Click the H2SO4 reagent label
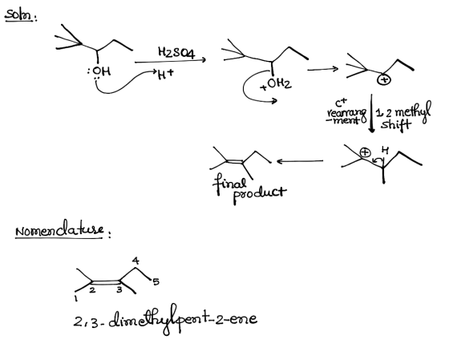(176, 53)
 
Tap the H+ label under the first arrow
(165, 75)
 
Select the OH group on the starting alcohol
(101, 71)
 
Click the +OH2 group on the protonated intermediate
(276, 84)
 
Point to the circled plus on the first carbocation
(383, 80)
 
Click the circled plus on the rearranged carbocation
(365, 152)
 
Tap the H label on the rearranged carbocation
(385, 150)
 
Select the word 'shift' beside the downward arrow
(396, 124)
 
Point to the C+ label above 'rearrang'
(341, 103)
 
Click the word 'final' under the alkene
(229, 184)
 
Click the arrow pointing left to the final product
(300, 161)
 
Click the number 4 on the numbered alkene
(136, 261)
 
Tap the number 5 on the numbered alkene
(156, 282)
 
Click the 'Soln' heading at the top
(19, 15)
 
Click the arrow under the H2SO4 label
(170, 61)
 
